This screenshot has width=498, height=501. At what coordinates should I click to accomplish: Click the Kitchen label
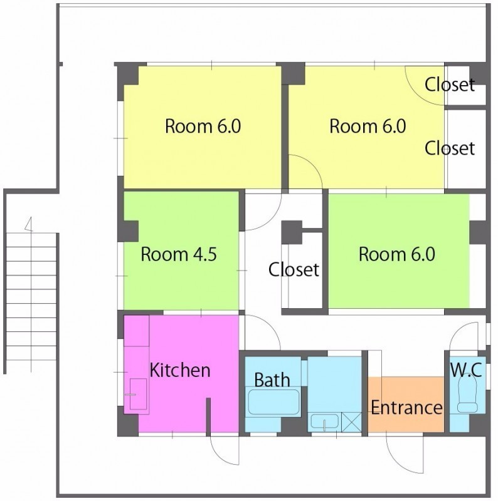click(180, 370)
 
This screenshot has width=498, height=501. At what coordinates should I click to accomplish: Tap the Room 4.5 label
click(179, 254)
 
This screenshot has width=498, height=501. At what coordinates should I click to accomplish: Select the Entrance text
click(406, 408)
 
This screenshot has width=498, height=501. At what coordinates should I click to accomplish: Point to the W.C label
click(466, 370)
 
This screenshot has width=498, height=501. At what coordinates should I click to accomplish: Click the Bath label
click(272, 380)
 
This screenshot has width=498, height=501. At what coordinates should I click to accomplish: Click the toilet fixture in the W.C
click(467, 396)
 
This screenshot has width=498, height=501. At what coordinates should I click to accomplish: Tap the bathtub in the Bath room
click(274, 401)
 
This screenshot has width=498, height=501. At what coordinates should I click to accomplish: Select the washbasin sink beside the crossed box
click(325, 421)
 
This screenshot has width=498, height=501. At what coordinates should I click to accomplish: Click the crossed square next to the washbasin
click(351, 422)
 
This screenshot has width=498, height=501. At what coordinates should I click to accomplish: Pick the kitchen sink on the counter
click(138, 395)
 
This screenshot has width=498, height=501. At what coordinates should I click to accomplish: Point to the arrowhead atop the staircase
click(29, 224)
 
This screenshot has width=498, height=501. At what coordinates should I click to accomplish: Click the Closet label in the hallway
click(294, 269)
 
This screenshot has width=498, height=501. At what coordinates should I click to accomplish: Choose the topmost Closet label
click(450, 85)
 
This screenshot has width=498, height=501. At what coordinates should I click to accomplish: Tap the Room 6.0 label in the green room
click(396, 254)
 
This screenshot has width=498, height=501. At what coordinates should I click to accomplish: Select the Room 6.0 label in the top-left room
click(203, 127)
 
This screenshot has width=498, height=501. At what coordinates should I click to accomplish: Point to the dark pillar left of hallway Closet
click(292, 232)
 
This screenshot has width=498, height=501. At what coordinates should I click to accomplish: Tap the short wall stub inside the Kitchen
click(208, 417)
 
